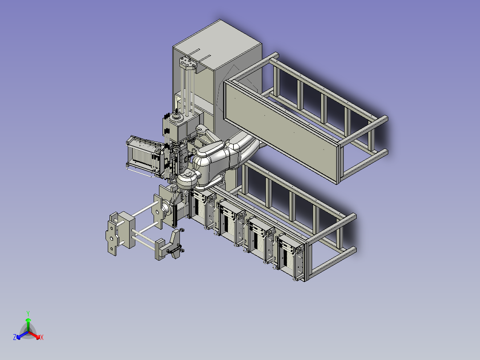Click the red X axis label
click(42, 338)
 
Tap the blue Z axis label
click(15, 337)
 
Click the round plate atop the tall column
click(188, 63)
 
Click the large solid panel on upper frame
click(281, 129)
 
